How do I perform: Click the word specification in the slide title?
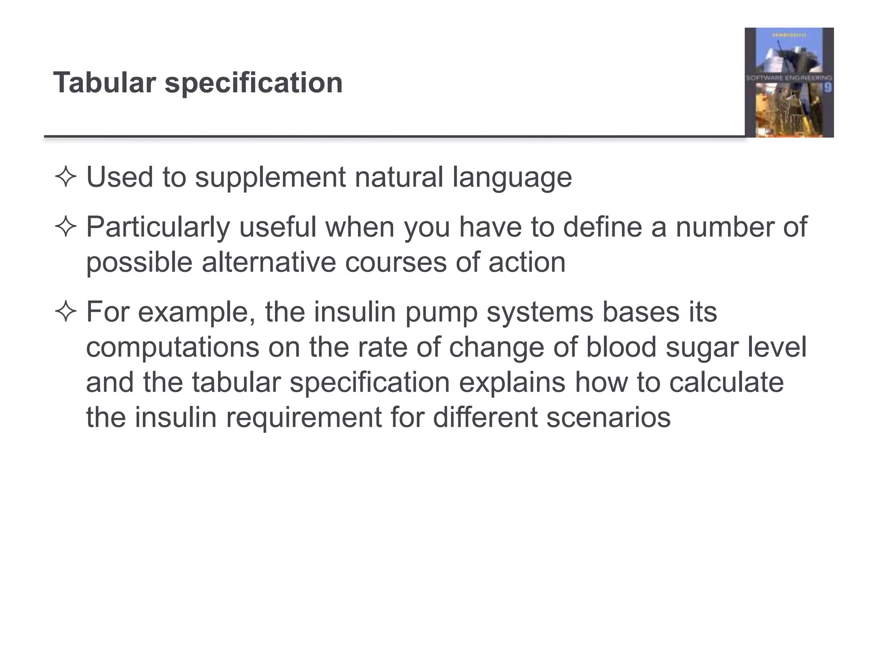click(x=254, y=83)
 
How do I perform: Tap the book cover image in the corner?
click(x=789, y=82)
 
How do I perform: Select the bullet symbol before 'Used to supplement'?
click(x=66, y=177)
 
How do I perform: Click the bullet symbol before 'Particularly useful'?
click(x=66, y=227)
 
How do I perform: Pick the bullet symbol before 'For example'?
click(x=66, y=312)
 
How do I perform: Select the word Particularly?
click(x=158, y=227)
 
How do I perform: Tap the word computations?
click(x=173, y=348)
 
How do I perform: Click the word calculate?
click(x=726, y=383)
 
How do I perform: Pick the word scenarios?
click(x=608, y=417)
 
